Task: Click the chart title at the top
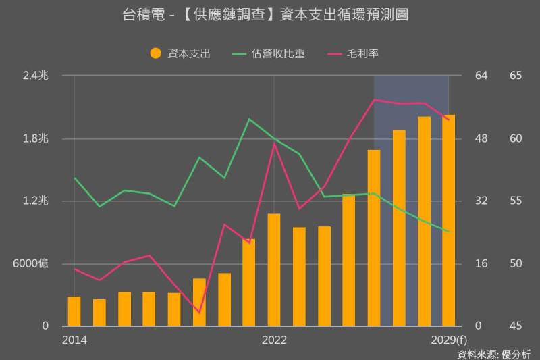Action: [270, 14]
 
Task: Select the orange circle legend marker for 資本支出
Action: [155, 53]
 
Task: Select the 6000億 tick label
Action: [31, 263]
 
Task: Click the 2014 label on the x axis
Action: [74, 339]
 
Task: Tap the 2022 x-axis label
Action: [274, 339]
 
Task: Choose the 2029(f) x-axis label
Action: [448, 339]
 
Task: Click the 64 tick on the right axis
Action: [481, 76]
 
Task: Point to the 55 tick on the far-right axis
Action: [516, 201]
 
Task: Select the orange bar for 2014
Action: [74, 311]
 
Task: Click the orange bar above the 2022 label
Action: [274, 269]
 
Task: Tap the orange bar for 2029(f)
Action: [448, 220]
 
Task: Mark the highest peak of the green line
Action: [249, 119]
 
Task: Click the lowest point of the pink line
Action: [199, 313]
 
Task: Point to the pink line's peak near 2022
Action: [274, 143]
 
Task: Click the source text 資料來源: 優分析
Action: [493, 353]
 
